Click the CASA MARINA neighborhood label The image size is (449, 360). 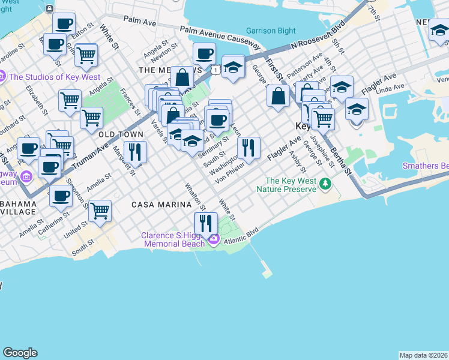point(158,205)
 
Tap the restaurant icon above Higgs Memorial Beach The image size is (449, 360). point(206,223)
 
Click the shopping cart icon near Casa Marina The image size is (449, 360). point(100,211)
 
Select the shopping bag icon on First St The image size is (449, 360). point(279,97)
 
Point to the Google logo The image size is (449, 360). point(20,353)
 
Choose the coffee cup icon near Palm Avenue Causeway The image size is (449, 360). point(204,54)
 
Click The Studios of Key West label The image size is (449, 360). point(40,77)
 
